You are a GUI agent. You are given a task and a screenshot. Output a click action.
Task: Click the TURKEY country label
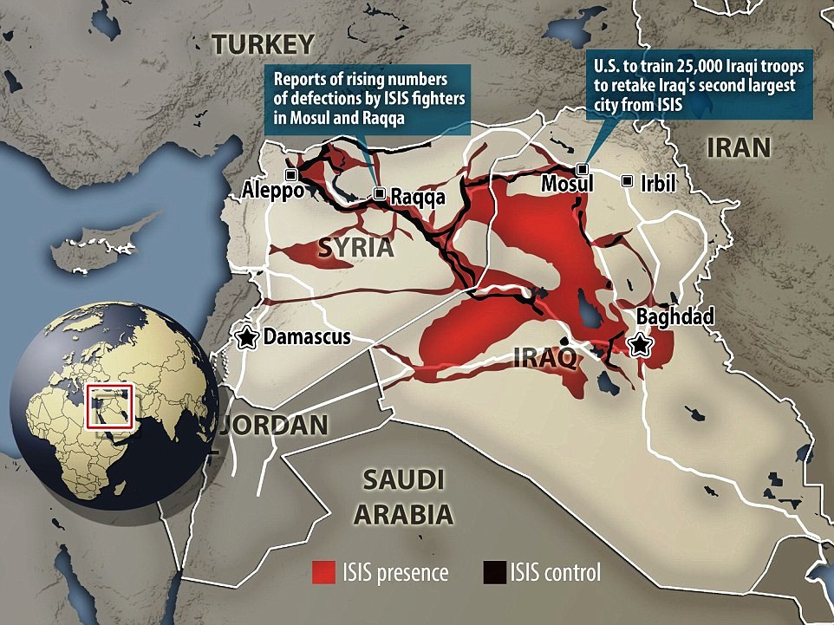263,44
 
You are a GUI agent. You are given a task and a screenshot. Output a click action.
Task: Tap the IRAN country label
739,147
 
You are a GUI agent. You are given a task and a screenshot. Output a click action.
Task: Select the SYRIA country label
355,248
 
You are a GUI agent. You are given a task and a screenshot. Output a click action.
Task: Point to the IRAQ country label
544,357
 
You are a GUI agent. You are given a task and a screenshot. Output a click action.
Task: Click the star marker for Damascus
247,337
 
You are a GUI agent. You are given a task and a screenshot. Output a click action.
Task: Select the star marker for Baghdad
641,345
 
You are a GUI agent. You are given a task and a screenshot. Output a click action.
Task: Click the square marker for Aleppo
291,175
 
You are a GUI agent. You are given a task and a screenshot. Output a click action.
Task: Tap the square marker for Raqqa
379,195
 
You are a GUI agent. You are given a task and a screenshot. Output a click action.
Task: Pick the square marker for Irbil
627,180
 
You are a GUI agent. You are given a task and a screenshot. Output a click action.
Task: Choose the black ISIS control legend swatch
492,572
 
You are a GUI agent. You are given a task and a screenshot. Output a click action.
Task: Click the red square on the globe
110,405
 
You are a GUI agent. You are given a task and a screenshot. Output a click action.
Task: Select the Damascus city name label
307,337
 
